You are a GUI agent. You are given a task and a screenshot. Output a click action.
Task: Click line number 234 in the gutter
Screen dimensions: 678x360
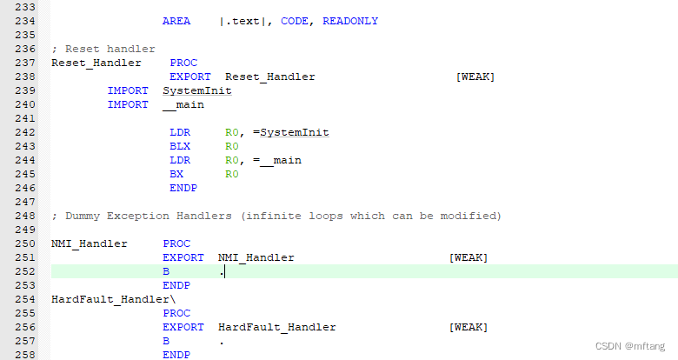pyautogui.click(x=18, y=21)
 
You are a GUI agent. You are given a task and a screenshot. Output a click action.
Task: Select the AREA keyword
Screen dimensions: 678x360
pyautogui.click(x=176, y=21)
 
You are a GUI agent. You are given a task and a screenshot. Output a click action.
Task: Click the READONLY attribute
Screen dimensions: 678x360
pyautogui.click(x=350, y=21)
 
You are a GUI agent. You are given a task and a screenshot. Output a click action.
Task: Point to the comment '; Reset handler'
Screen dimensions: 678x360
pyautogui.click(x=103, y=49)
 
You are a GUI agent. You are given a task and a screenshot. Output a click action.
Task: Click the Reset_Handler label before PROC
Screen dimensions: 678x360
pyautogui.click(x=90, y=63)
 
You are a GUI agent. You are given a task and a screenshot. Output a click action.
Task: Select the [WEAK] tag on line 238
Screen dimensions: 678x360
pyautogui.click(x=475, y=77)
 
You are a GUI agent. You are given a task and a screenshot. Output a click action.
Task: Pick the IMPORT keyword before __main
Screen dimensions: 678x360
pyautogui.click(x=128, y=104)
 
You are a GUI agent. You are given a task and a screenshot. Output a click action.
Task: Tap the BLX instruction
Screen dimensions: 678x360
pyautogui.click(x=180, y=146)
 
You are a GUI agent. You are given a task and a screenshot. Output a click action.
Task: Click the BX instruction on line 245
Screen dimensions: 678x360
pyautogui.click(x=176, y=174)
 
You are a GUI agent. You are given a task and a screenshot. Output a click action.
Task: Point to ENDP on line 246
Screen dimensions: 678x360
pyautogui.click(x=183, y=188)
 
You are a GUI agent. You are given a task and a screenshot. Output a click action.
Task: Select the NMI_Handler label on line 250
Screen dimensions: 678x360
pyautogui.click(x=90, y=243)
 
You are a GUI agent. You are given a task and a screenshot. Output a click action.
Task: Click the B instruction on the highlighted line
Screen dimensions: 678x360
pyautogui.click(x=166, y=271)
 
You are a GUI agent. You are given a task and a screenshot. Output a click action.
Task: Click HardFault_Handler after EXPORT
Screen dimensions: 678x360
pyautogui.click(x=277, y=327)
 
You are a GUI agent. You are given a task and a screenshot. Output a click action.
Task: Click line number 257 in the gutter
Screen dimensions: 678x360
pyautogui.click(x=18, y=341)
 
